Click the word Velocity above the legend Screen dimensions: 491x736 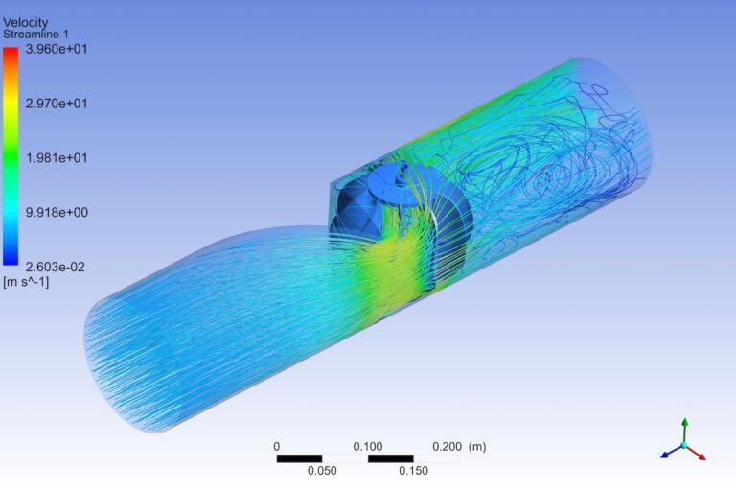pyautogui.click(x=26, y=22)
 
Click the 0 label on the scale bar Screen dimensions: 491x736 pyautogui.click(x=277, y=446)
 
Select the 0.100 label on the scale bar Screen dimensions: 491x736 pyautogui.click(x=368, y=446)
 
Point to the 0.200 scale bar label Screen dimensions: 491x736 pyautogui.click(x=447, y=446)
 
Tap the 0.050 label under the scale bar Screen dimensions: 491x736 pyautogui.click(x=322, y=470)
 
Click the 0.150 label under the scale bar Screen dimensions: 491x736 pyautogui.click(x=413, y=470)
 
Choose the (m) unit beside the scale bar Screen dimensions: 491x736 pyautogui.click(x=477, y=446)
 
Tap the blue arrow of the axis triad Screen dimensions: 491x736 pyautogui.click(x=667, y=454)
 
